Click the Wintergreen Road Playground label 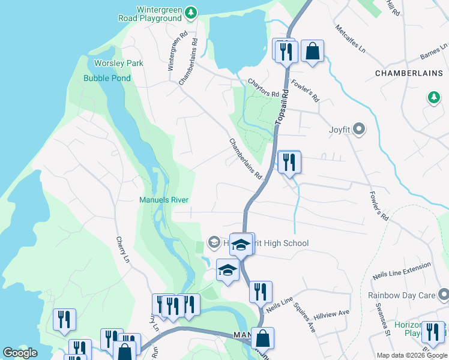(x=159, y=14)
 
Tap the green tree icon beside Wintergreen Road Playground (x=191, y=12)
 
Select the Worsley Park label (x=119, y=63)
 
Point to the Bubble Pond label (x=107, y=78)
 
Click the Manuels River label (x=164, y=200)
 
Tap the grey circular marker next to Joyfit (x=359, y=129)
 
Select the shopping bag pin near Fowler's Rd (x=312, y=52)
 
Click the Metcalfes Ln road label (x=351, y=39)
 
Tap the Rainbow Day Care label (x=402, y=295)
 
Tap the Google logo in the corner (x=20, y=353)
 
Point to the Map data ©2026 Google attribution (x=411, y=355)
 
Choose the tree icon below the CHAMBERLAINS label (x=433, y=97)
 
